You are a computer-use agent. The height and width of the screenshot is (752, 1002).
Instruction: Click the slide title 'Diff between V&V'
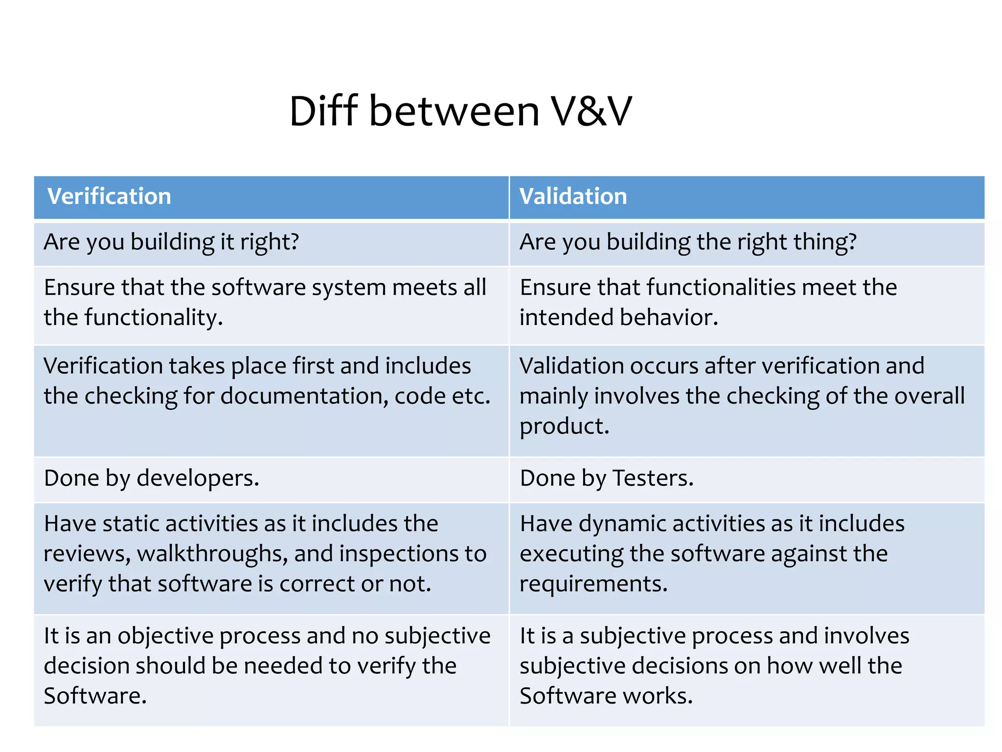(460, 112)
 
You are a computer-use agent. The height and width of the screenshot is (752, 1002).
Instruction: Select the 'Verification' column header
(109, 196)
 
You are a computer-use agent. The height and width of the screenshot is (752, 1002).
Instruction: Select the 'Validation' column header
(573, 196)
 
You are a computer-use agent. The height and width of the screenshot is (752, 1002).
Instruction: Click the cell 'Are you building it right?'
(171, 242)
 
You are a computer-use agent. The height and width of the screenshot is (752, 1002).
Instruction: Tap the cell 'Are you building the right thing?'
(688, 242)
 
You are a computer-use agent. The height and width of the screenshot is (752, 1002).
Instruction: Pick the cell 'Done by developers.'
(152, 478)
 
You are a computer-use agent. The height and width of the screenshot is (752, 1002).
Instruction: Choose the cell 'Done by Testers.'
(607, 478)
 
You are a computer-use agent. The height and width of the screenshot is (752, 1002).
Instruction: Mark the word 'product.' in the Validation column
(564, 426)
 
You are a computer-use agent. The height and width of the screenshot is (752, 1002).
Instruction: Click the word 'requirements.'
(593, 584)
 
